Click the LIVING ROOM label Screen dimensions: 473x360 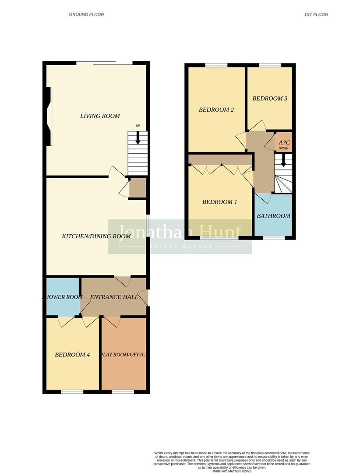(x=100, y=116)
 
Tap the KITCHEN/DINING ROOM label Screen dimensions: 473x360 (x=96, y=236)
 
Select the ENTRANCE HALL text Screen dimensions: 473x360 (x=114, y=297)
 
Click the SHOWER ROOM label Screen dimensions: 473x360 (x=63, y=297)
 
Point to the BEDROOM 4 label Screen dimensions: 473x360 (x=72, y=355)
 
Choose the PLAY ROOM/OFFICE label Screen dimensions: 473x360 (x=124, y=355)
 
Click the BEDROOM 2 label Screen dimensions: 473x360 (x=216, y=109)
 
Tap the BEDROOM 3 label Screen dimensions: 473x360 (x=270, y=99)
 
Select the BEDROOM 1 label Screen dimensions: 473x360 (x=219, y=202)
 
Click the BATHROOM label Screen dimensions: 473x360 (x=273, y=216)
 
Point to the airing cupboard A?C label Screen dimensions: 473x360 (x=283, y=142)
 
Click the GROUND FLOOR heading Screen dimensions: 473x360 (x=86, y=14)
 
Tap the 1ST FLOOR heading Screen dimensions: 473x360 (x=316, y=14)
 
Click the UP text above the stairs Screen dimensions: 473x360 (x=138, y=126)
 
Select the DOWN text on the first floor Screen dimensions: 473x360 (x=283, y=148)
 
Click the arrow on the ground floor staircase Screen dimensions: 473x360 (x=138, y=138)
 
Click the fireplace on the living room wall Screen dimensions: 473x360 (x=49, y=116)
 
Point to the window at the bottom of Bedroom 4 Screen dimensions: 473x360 (x=72, y=392)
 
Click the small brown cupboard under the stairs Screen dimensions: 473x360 (x=138, y=188)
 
